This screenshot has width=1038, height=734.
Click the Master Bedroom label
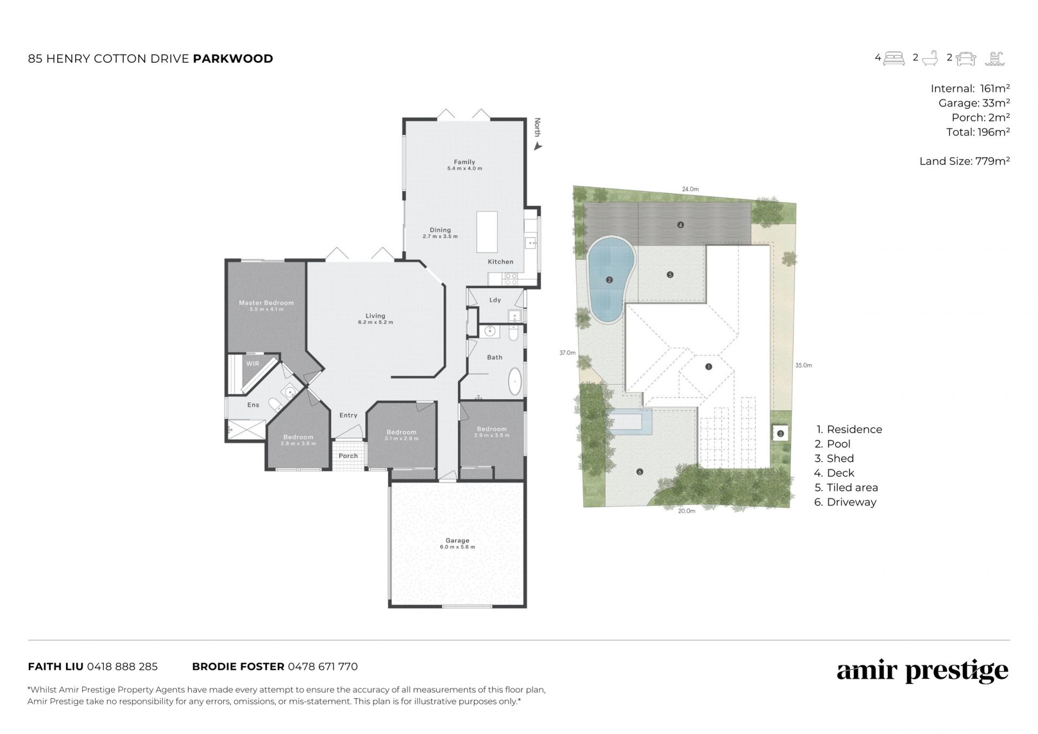click(x=267, y=303)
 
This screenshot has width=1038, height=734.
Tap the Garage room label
click(x=457, y=540)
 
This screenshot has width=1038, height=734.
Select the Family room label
click(x=464, y=162)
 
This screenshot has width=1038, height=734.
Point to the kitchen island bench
click(x=487, y=232)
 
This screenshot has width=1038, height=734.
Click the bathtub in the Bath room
click(x=515, y=381)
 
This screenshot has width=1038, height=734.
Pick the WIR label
click(x=253, y=363)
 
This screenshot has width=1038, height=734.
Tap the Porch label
click(x=348, y=456)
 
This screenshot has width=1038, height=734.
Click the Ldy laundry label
click(x=495, y=300)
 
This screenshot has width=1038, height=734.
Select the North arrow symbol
click(x=537, y=146)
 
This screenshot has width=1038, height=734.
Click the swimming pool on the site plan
click(x=610, y=279)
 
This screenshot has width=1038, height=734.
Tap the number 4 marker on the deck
click(x=681, y=224)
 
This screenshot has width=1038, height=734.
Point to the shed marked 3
click(x=780, y=433)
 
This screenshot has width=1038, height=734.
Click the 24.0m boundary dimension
click(x=690, y=189)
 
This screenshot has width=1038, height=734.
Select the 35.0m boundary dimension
click(x=803, y=365)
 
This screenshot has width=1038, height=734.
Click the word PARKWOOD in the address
click(x=233, y=58)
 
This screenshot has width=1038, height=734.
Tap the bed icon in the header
click(x=894, y=58)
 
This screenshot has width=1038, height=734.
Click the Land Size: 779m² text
click(x=964, y=161)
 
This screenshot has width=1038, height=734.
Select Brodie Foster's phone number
click(x=323, y=666)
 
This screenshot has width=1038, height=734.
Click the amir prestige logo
click(x=922, y=671)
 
